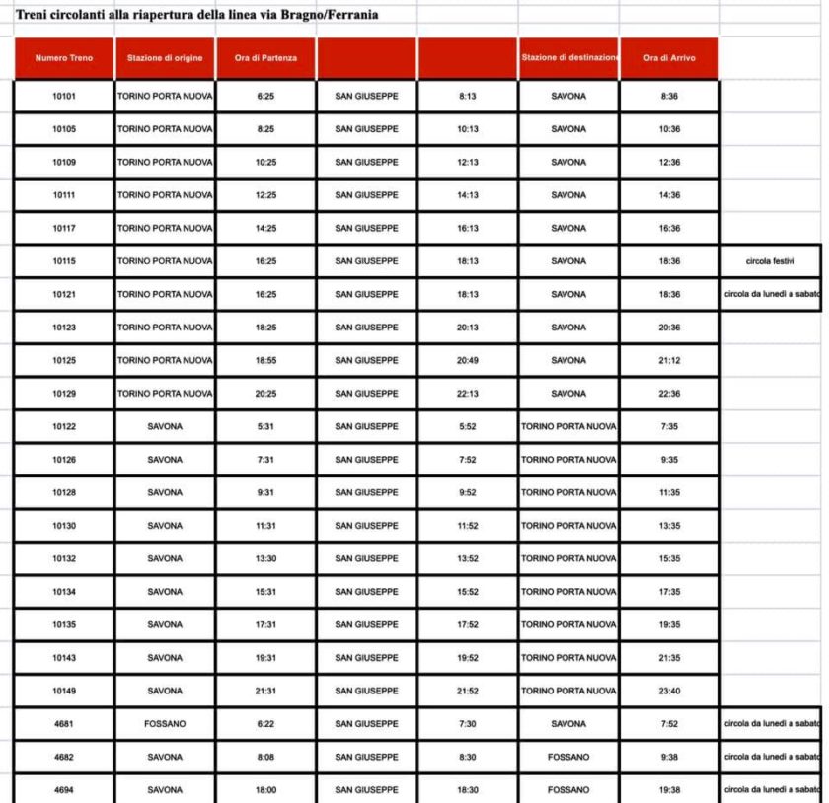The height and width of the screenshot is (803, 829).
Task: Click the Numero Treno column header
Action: (64, 58)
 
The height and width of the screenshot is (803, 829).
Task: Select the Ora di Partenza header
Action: (265, 58)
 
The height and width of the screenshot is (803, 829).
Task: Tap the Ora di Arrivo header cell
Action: (669, 58)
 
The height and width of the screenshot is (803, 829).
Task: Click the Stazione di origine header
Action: (165, 58)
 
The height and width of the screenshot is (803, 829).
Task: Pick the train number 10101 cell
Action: (64, 97)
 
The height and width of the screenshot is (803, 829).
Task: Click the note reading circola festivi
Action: (771, 261)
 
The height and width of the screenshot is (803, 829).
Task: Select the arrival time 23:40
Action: (669, 691)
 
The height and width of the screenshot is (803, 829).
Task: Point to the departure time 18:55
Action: (265, 361)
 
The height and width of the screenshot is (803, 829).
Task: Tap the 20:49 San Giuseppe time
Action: (468, 361)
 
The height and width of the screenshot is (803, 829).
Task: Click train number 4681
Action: (64, 724)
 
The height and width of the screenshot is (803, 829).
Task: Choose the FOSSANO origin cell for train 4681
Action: (165, 724)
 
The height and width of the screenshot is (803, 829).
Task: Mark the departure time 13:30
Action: (265, 558)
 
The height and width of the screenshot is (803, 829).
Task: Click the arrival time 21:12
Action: (669, 361)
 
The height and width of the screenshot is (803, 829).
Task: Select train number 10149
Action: (64, 691)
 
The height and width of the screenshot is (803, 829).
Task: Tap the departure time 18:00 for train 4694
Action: (265, 790)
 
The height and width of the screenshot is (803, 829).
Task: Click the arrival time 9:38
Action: (669, 757)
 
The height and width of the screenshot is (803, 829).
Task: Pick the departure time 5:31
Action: (265, 426)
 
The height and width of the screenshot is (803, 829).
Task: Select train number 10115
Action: (64, 261)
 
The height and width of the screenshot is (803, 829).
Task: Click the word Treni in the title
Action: (33, 15)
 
